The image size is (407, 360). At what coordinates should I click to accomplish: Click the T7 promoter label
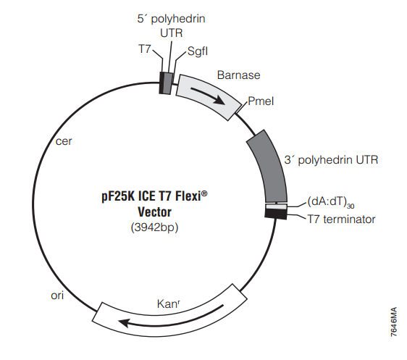(x=145, y=49)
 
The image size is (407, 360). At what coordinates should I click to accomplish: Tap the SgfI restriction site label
(x=198, y=51)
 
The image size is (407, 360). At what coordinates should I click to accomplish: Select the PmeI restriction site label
(x=261, y=101)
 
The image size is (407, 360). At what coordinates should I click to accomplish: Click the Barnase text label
(x=238, y=75)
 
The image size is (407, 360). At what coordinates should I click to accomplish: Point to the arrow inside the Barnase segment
(x=209, y=95)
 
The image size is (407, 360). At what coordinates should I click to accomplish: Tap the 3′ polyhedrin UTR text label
(x=331, y=159)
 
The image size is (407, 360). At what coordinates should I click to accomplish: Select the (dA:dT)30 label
(x=331, y=202)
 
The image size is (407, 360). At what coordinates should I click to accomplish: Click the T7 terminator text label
(x=341, y=219)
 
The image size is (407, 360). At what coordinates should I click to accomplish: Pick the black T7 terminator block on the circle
(x=276, y=214)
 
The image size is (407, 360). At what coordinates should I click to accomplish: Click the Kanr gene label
(x=169, y=304)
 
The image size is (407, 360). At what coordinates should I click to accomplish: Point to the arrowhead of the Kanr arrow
(x=122, y=323)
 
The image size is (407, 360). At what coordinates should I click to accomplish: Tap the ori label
(x=57, y=296)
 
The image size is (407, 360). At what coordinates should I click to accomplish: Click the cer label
(x=64, y=141)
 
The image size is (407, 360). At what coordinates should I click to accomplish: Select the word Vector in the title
(x=155, y=212)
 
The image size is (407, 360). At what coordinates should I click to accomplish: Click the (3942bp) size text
(x=155, y=227)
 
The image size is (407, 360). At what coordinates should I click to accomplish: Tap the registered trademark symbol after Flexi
(x=204, y=193)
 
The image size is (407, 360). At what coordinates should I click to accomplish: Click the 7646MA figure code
(x=394, y=322)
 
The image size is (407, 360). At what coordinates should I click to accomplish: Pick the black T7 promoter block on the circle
(x=161, y=83)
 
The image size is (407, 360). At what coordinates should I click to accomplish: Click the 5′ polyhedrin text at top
(x=172, y=19)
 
